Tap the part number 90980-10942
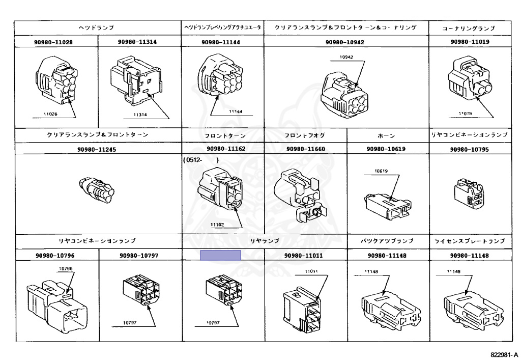coord(346,42)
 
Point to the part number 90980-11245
coord(99,149)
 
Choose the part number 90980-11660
coord(305,149)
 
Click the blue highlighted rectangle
coord(220,255)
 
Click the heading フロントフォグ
coord(305,135)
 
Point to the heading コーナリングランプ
coord(470,28)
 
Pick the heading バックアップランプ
coord(387,240)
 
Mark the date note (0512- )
coord(201,160)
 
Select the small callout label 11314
coord(140,115)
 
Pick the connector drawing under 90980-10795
coord(469,194)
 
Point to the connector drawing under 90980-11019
coord(470,81)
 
